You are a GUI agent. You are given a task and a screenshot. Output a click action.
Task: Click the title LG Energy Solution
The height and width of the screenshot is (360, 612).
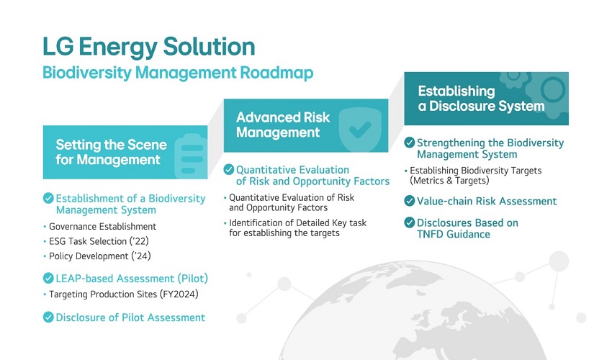pyautogui.click(x=149, y=47)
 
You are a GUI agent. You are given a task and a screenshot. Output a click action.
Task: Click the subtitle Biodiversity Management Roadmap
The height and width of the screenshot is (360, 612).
pyautogui.click(x=178, y=73)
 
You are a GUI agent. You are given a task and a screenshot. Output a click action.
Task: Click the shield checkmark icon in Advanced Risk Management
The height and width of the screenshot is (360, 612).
pyautogui.click(x=360, y=130)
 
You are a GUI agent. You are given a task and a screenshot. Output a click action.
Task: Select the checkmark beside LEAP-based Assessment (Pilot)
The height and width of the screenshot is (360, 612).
pyautogui.click(x=48, y=279)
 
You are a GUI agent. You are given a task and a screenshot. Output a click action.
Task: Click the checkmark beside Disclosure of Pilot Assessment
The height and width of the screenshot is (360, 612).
pyautogui.click(x=48, y=317)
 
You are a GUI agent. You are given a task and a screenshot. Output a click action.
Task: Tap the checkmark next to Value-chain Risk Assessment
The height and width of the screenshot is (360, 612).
pyautogui.click(x=410, y=201)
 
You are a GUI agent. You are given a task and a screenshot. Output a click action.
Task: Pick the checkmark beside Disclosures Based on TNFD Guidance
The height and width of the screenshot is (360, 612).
pyautogui.click(x=410, y=222)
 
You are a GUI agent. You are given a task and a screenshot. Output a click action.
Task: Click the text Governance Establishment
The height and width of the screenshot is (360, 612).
pyautogui.click(x=102, y=227)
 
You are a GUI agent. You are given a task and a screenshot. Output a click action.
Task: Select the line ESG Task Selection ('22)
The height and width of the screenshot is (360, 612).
pyautogui.click(x=99, y=241)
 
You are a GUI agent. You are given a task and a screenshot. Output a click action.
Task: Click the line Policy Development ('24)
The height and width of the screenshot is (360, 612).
pyautogui.click(x=100, y=256)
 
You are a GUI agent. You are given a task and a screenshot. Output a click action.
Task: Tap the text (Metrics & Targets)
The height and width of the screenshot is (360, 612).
pyautogui.click(x=449, y=181)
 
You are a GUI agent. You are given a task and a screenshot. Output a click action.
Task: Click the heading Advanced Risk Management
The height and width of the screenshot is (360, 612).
pyautogui.click(x=283, y=125)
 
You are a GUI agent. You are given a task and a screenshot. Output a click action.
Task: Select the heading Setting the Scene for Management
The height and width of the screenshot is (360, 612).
pyautogui.click(x=111, y=152)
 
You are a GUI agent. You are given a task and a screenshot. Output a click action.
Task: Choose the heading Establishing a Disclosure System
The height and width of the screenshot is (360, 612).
pyautogui.click(x=481, y=99)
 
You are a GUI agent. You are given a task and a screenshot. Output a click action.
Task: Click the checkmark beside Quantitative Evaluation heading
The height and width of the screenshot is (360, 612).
pyautogui.click(x=229, y=169)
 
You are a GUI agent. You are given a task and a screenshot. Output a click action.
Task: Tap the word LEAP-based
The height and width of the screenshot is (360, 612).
pyautogui.click(x=84, y=279)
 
